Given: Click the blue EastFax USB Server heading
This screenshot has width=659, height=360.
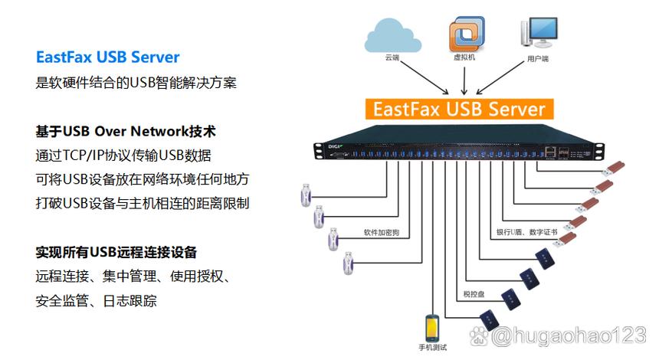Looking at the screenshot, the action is pyautogui.click(x=107, y=57).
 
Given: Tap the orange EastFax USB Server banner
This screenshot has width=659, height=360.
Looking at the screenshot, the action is pyautogui.click(x=459, y=110).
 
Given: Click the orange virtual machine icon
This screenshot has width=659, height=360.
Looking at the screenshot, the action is pyautogui.click(x=467, y=34).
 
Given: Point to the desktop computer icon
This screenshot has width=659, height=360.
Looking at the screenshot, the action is pyautogui.click(x=539, y=33).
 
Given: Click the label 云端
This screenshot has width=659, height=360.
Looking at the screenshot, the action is pyautogui.click(x=392, y=57).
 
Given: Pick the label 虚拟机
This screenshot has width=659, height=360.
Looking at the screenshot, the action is pyautogui.click(x=464, y=57).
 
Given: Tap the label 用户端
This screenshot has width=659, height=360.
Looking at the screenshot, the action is pyautogui.click(x=537, y=59).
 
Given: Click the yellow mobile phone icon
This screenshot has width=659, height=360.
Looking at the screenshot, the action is pyautogui.click(x=432, y=328).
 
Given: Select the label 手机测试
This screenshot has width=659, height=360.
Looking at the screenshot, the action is pyautogui.click(x=432, y=348).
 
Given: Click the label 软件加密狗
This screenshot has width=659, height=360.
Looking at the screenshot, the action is pyautogui.click(x=381, y=232).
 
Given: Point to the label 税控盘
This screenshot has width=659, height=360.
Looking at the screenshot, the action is pyautogui.click(x=474, y=294).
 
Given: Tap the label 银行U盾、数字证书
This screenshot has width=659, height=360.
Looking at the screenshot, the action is pyautogui.click(x=526, y=232).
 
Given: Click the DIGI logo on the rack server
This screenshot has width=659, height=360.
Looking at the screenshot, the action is pyautogui.click(x=335, y=146).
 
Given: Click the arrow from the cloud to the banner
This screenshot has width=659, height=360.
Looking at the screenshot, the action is pyautogui.click(x=425, y=77).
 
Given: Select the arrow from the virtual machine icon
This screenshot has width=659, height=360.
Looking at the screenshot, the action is pyautogui.click(x=464, y=81).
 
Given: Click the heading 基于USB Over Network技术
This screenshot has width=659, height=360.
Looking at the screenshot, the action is pyautogui.click(x=125, y=131).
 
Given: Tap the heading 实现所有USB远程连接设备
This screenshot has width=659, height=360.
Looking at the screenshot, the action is pyautogui.click(x=116, y=252).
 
